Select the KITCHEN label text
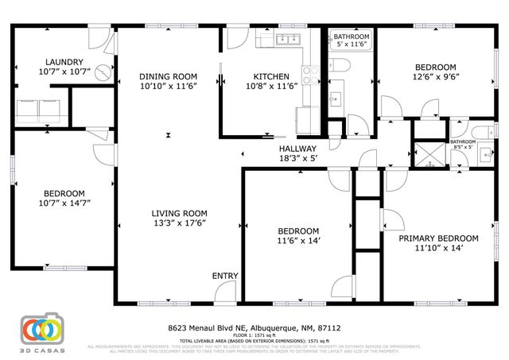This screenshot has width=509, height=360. click(x=270, y=76)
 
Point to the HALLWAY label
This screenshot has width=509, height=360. click(x=297, y=149)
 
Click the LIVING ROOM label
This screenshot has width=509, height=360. click(x=180, y=213)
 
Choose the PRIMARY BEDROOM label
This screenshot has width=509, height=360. click(x=438, y=238)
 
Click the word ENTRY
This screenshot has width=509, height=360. click(x=225, y=276)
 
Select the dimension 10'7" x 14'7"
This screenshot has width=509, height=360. click(x=64, y=204)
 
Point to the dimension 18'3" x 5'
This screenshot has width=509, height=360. click(x=297, y=159)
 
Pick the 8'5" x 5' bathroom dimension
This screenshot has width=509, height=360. click(x=462, y=147)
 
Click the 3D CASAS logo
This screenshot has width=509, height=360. click(x=42, y=332)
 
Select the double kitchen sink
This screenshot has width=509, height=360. click(x=286, y=38)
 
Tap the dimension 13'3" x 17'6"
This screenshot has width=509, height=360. click(x=180, y=223)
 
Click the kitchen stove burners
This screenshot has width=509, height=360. click(x=311, y=75)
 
